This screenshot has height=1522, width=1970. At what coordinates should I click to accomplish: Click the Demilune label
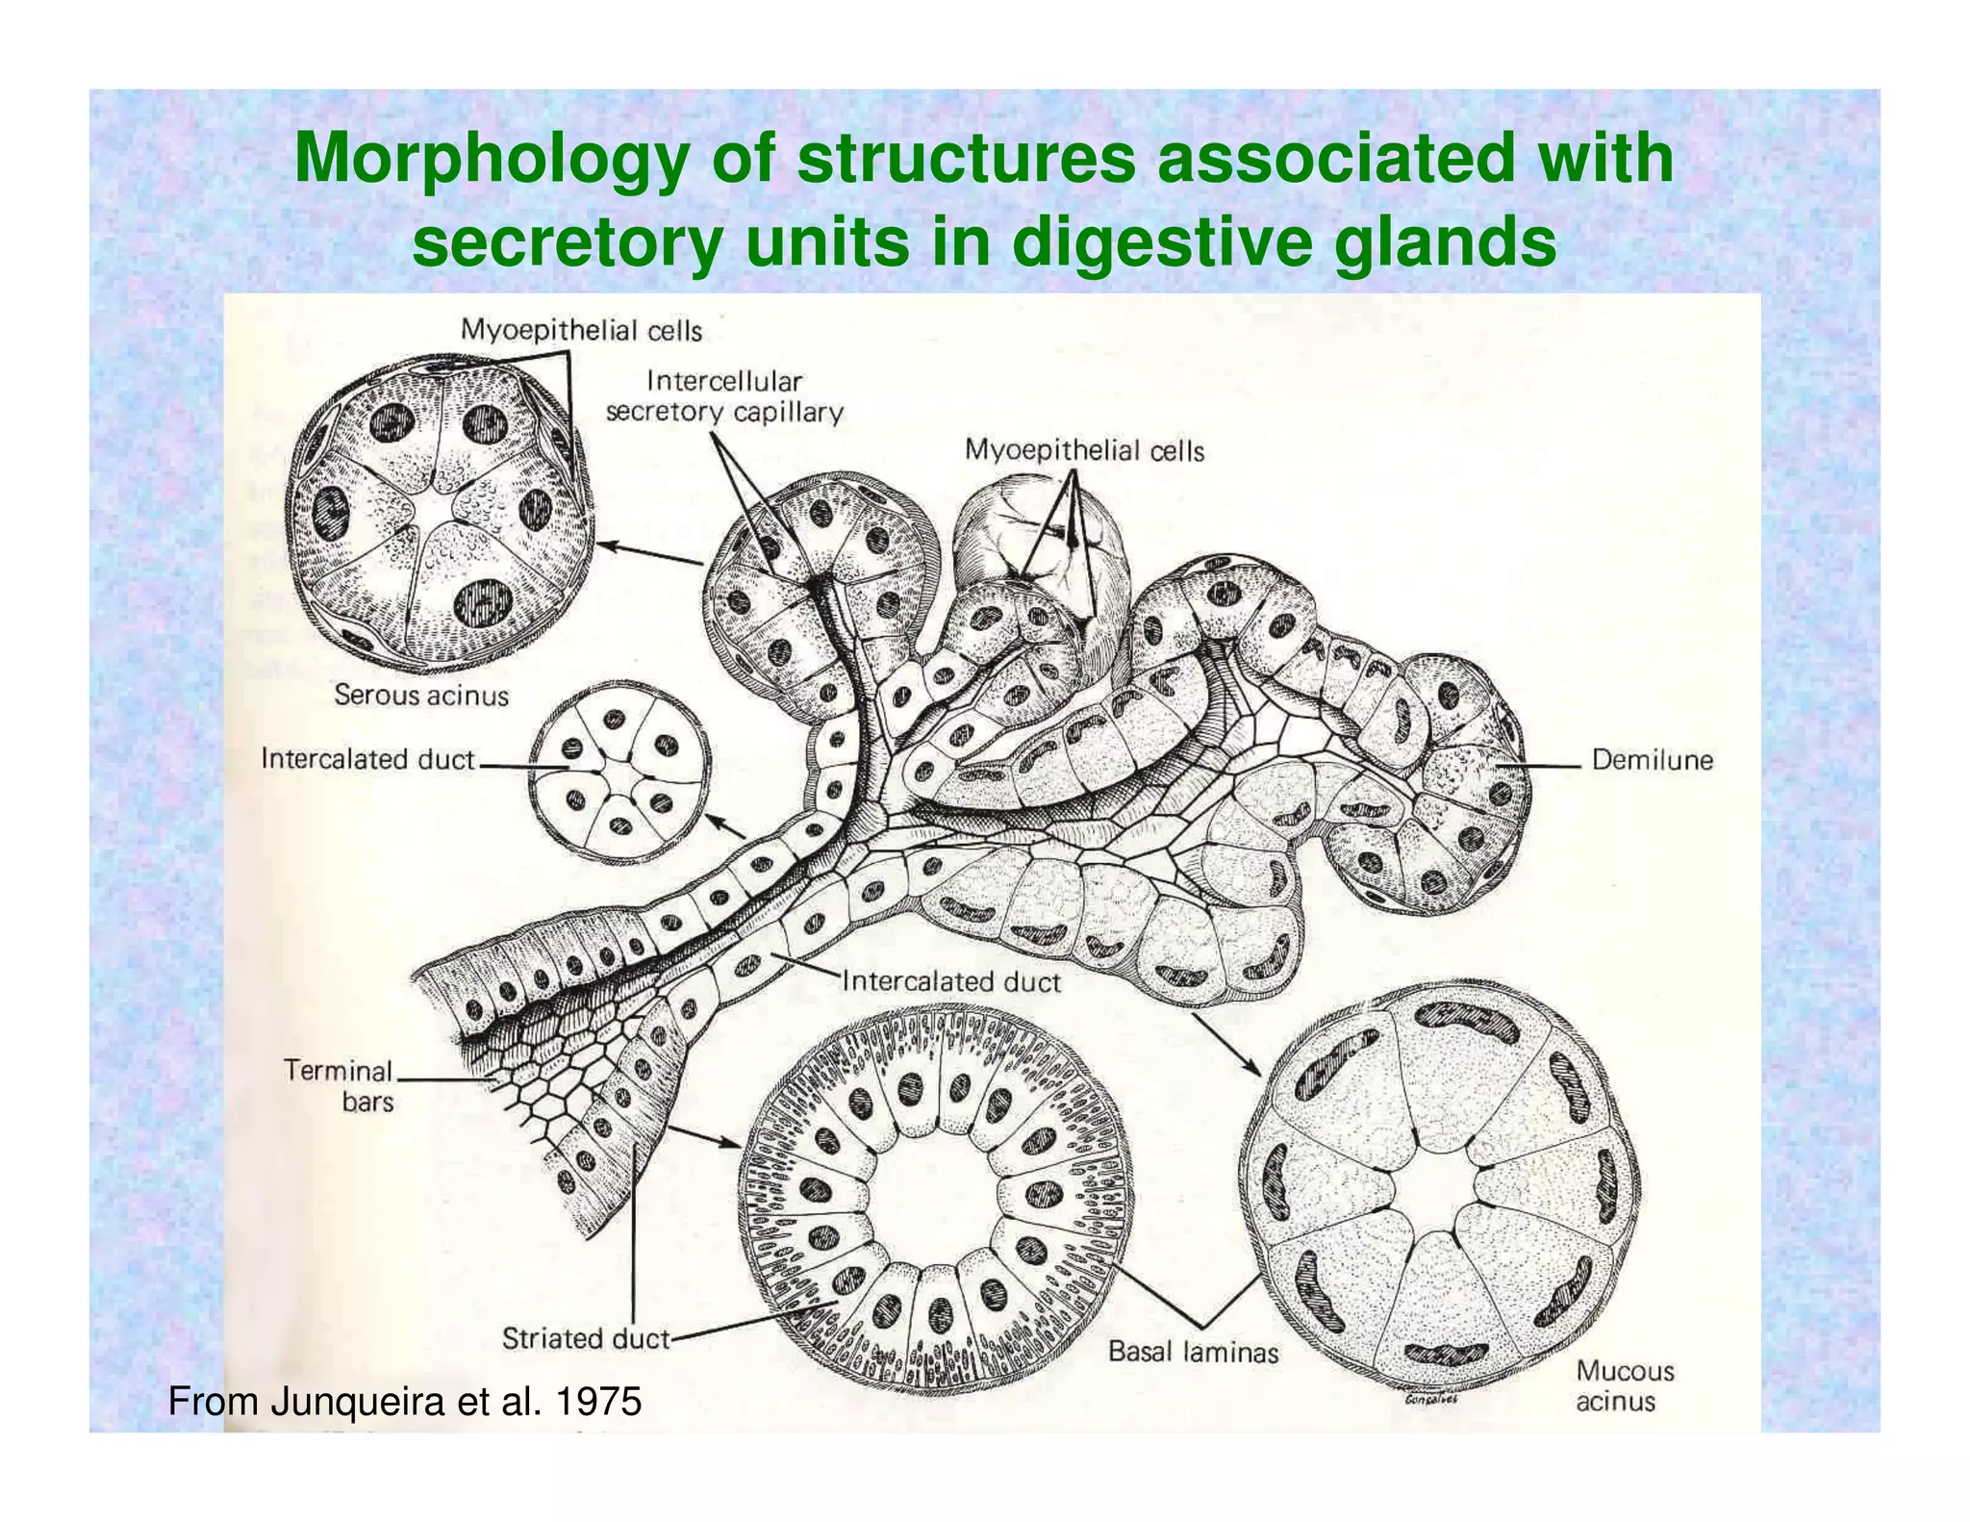pyautogui.click(x=1652, y=760)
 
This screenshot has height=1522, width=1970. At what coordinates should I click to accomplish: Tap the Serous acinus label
pyautogui.click(x=420, y=695)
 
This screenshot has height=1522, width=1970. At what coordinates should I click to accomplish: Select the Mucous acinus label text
pyautogui.click(x=1624, y=1385)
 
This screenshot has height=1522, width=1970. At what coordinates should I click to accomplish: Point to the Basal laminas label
pyautogui.click(x=1193, y=1352)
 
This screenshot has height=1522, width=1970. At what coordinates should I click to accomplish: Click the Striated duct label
pyautogui.click(x=585, y=1338)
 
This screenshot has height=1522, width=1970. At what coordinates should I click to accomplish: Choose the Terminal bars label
pyautogui.click(x=339, y=1085)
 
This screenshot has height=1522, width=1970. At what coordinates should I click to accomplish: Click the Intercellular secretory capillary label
pyautogui.click(x=724, y=396)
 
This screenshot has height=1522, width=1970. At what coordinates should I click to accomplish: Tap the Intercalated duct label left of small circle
pyautogui.click(x=367, y=759)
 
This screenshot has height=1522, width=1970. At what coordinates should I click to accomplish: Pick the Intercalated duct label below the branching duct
pyautogui.click(x=950, y=981)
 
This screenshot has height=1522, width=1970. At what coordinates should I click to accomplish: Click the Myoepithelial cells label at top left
pyautogui.click(x=581, y=330)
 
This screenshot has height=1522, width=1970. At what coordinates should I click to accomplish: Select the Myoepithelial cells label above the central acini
pyautogui.click(x=1084, y=449)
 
